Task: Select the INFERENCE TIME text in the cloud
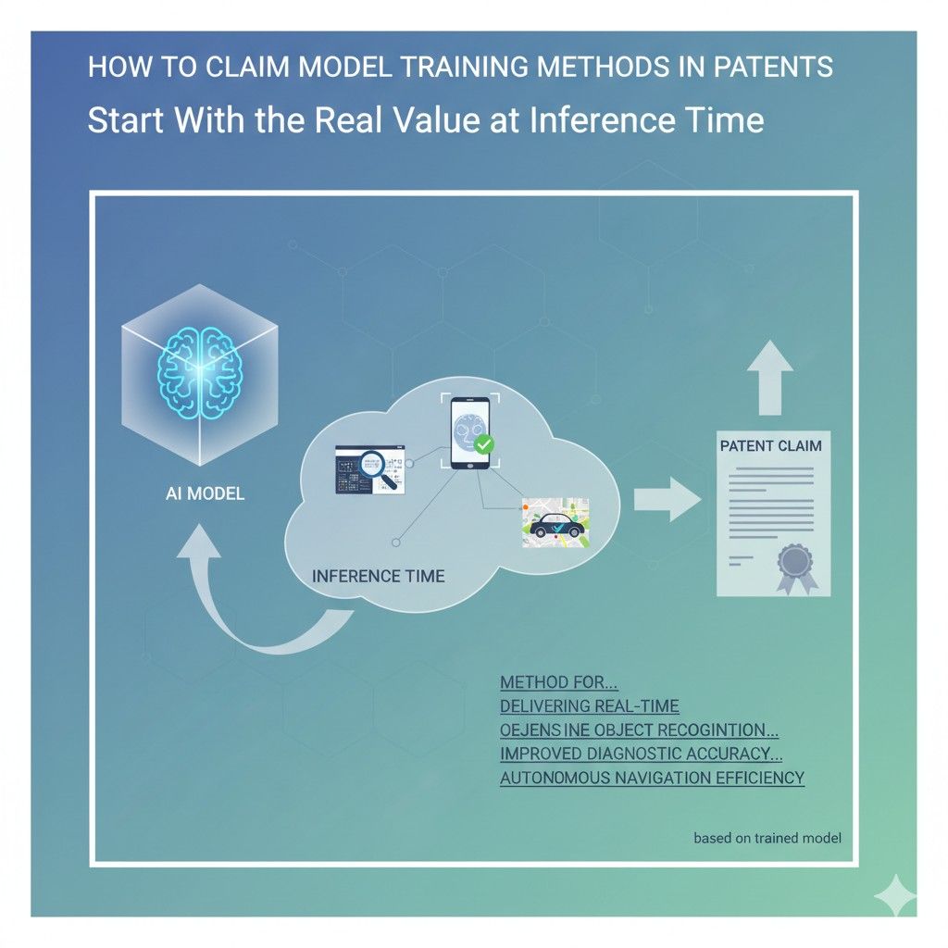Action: pyautogui.click(x=378, y=576)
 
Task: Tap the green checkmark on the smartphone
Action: pyautogui.click(x=483, y=446)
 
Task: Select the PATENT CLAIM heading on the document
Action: pyautogui.click(x=770, y=446)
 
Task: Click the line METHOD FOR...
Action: pyautogui.click(x=558, y=682)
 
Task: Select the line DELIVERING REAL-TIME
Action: pyautogui.click(x=589, y=706)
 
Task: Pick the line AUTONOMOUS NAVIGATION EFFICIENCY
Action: pyautogui.click(x=652, y=778)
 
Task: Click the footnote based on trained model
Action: pyautogui.click(x=767, y=839)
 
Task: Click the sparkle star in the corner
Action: pyautogui.click(x=894, y=894)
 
